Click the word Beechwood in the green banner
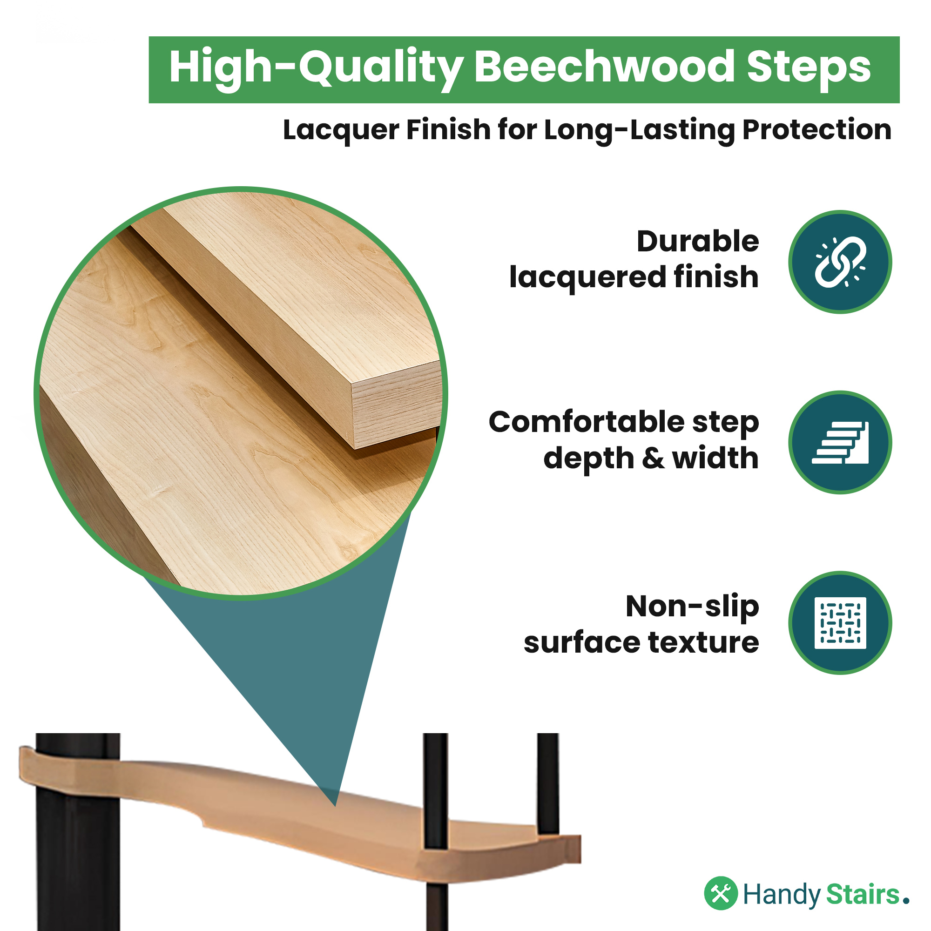pyautogui.click(x=605, y=67)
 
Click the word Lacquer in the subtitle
pyautogui.click(x=341, y=131)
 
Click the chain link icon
pyautogui.click(x=840, y=262)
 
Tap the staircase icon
pyautogui.click(x=840, y=442)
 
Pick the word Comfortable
pyautogui.click(x=586, y=422)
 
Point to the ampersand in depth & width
pyautogui.click(x=654, y=458)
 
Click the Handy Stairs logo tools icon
pyautogui.click(x=721, y=893)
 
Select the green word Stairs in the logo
pyautogui.click(x=863, y=894)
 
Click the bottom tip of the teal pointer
pyautogui.click(x=335, y=806)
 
